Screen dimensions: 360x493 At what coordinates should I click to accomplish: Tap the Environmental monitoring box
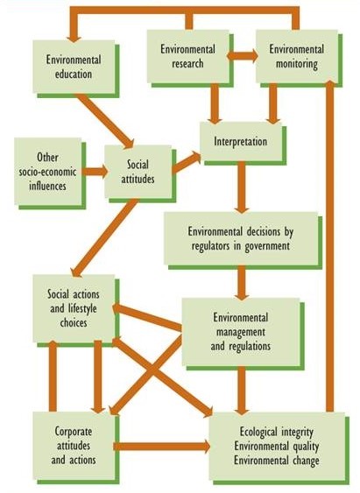tap(297, 57)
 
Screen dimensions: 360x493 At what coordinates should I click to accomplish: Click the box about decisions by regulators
tap(241, 239)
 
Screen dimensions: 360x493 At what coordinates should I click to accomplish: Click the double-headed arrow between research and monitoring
tap(243, 56)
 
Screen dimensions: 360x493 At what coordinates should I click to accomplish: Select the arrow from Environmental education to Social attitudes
tap(106, 121)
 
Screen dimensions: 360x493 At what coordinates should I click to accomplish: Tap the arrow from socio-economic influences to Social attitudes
tap(95, 172)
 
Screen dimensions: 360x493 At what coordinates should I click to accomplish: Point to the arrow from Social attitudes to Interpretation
tap(187, 163)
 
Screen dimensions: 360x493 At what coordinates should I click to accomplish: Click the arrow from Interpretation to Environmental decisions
tap(242, 187)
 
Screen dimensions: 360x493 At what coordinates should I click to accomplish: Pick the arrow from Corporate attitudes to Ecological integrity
tap(162, 447)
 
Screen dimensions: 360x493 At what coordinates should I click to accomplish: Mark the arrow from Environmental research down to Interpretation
tap(215, 103)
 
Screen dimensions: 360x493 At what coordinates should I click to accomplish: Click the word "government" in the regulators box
tap(267, 246)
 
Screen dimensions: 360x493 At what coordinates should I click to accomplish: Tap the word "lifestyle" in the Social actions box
tap(82, 309)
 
